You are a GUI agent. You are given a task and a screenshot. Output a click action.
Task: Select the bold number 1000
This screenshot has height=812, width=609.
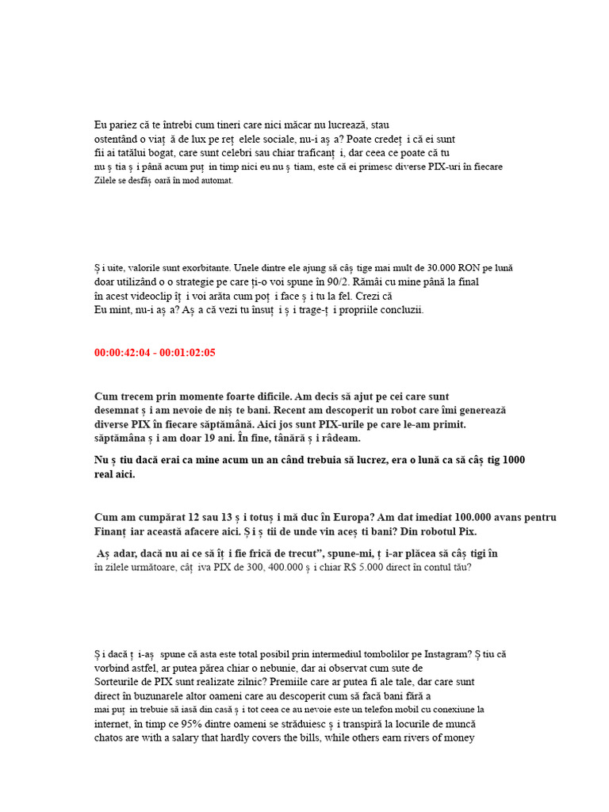[x=513, y=460]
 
